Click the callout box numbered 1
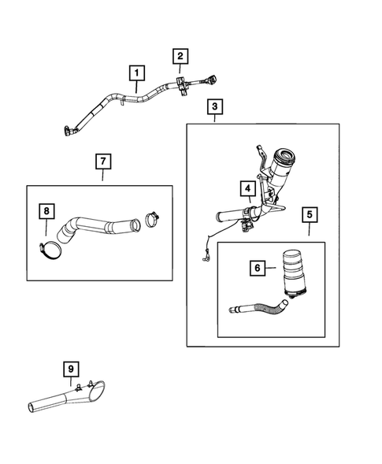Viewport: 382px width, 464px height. click(137, 72)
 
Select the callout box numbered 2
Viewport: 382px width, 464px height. click(180, 56)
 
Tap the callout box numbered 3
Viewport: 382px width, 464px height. click(214, 106)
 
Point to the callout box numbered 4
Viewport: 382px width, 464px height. click(247, 188)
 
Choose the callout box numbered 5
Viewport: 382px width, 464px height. click(310, 214)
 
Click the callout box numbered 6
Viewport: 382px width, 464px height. click(258, 268)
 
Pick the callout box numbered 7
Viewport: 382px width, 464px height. click(103, 161)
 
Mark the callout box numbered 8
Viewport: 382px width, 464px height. click(46, 211)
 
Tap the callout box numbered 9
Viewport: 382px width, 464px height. click(71, 369)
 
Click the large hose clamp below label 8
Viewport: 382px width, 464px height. click(50, 251)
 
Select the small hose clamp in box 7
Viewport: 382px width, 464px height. click(152, 220)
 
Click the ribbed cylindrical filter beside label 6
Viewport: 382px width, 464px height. click(294, 273)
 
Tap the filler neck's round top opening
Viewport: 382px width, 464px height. click(285, 156)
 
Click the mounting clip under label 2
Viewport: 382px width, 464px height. click(181, 86)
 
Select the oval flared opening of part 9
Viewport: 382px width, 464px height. click(97, 392)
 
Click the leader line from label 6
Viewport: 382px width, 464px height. click(270, 268)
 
